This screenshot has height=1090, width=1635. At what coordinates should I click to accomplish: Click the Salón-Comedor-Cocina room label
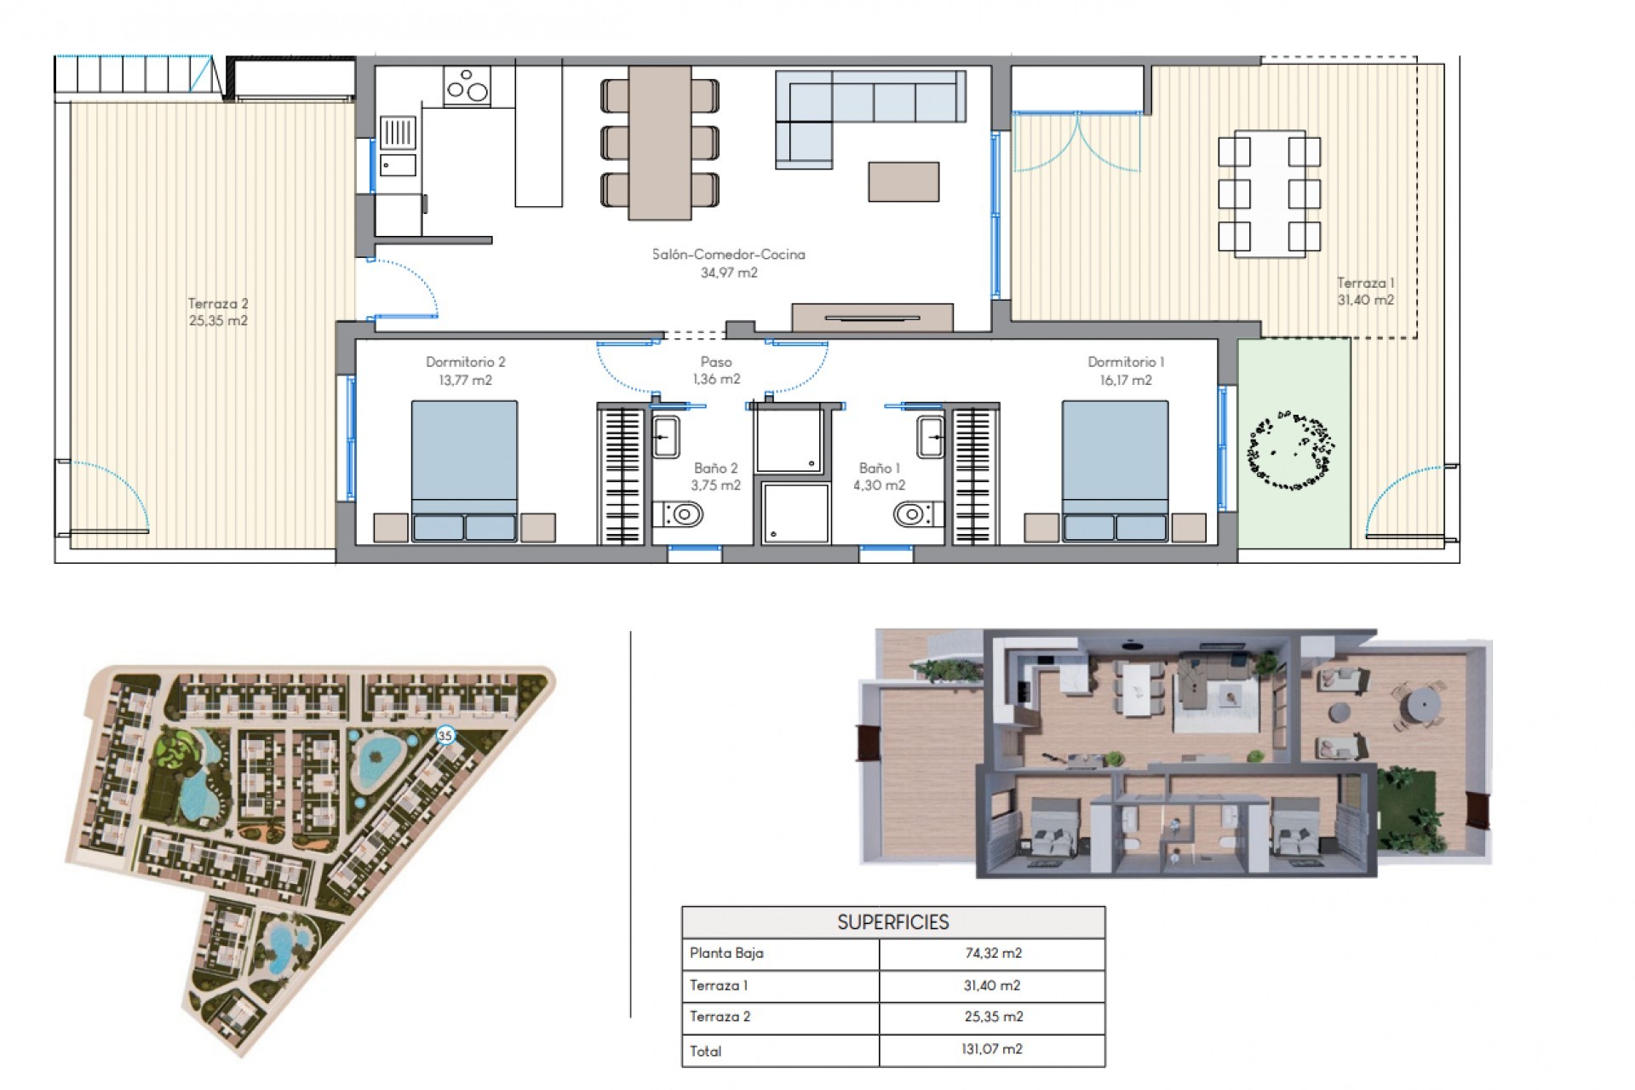pos(728,254)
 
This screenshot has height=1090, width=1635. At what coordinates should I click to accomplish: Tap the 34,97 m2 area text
pos(728,273)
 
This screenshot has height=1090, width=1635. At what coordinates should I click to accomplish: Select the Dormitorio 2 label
pos(465,362)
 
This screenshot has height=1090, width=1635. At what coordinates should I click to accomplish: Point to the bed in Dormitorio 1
pos(1115,468)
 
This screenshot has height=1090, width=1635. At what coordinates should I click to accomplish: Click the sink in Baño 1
pos(931,437)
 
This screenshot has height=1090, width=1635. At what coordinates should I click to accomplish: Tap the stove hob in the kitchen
pos(467,86)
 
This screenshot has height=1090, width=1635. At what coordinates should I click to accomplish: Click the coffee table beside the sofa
pos(903,181)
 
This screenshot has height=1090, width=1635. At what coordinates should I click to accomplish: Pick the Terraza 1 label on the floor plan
pos(1365,283)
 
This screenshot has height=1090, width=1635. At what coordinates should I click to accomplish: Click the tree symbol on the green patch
pos(1292,450)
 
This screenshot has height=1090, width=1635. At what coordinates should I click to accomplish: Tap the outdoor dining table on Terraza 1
pos(1269,194)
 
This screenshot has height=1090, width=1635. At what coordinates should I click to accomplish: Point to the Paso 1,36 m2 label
pos(715,370)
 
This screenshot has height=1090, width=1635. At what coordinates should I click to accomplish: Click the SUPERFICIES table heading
pos(892,922)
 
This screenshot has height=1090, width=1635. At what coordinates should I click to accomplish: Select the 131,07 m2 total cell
pos(992,1049)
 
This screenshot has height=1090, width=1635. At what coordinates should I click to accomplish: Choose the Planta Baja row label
pos(726,953)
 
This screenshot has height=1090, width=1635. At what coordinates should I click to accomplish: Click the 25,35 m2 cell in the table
pos(992,1017)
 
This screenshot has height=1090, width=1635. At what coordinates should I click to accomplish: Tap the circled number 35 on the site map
pos(445,735)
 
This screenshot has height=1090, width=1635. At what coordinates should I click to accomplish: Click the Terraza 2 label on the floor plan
pos(218,303)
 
